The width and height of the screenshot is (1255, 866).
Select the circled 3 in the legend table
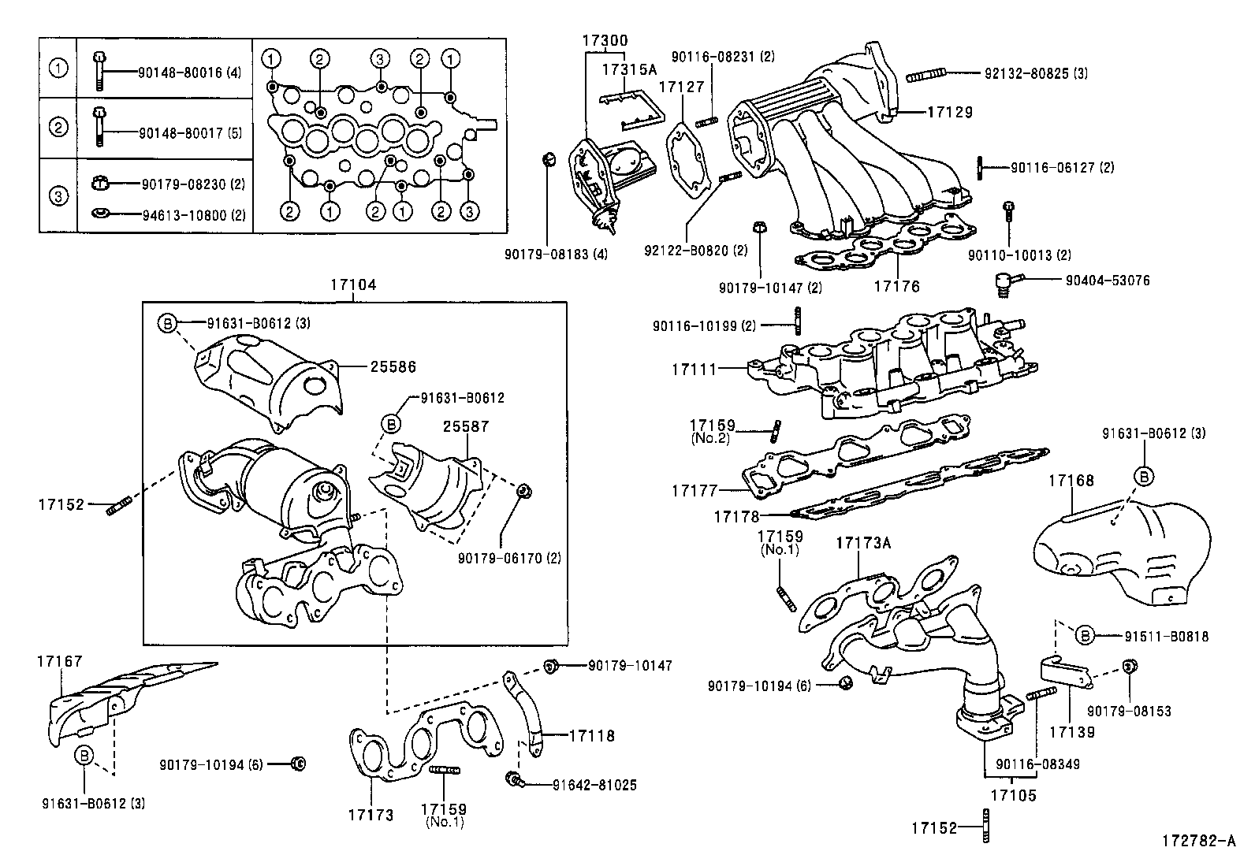click(58, 195)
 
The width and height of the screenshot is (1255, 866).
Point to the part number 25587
click(465, 426)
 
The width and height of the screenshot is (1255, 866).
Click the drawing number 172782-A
click(1197, 841)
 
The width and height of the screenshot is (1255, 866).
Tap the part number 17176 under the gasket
click(896, 287)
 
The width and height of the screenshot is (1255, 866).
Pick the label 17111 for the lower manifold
click(695, 368)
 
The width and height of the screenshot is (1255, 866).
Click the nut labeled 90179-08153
click(1128, 667)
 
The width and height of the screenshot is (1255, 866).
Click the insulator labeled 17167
click(118, 697)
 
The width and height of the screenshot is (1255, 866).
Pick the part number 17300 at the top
click(605, 39)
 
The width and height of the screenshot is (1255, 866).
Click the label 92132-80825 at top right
click(1036, 73)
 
